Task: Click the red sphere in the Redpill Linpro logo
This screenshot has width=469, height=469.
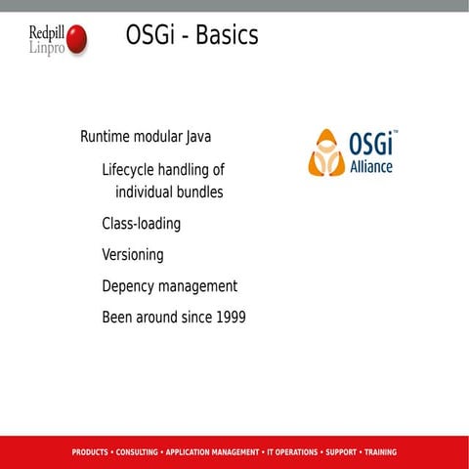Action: [76, 39]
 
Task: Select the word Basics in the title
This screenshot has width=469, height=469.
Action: [227, 36]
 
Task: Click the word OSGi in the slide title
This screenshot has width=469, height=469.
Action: [151, 36]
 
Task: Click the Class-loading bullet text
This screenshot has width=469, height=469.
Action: [141, 224]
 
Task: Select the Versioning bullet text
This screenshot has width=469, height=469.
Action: [133, 255]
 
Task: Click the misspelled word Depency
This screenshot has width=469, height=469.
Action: [129, 287]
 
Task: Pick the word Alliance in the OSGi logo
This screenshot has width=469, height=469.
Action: [371, 167]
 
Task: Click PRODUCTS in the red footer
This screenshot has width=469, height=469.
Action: [90, 452]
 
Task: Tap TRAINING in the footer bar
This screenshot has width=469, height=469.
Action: [380, 452]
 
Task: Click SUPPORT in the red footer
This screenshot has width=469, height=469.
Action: [341, 452]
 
